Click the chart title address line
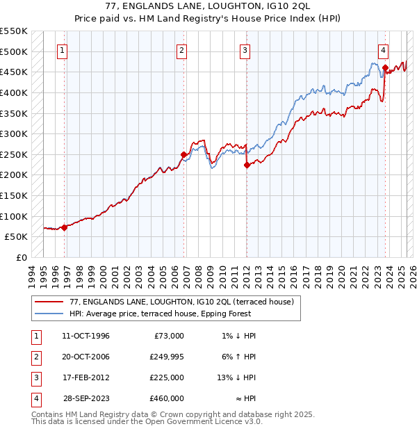pos(208,6)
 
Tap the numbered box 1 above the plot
pos(63,50)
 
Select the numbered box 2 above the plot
pos(181,50)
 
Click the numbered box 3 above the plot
pos(245,50)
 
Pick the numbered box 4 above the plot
pos(384,50)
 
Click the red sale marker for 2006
pos(184,154)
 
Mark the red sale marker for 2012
pos(247,165)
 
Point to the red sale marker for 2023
pos(385,67)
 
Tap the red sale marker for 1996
pos(65,227)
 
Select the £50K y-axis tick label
pos(15,236)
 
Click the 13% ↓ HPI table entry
pos(236,377)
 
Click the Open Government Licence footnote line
pos(147,421)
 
